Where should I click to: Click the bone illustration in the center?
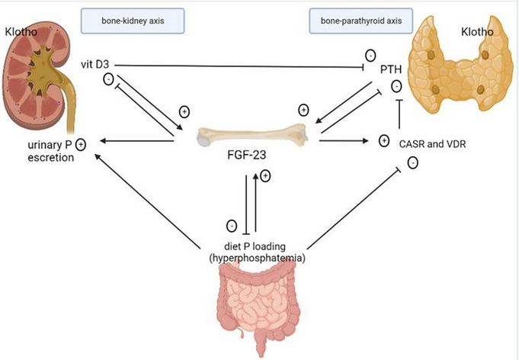pos(252,137)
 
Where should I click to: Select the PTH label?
pos(393,70)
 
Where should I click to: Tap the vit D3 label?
pos(102,64)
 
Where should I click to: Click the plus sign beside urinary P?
pos(79,143)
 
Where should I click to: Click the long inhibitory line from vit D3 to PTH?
pos(244,65)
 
